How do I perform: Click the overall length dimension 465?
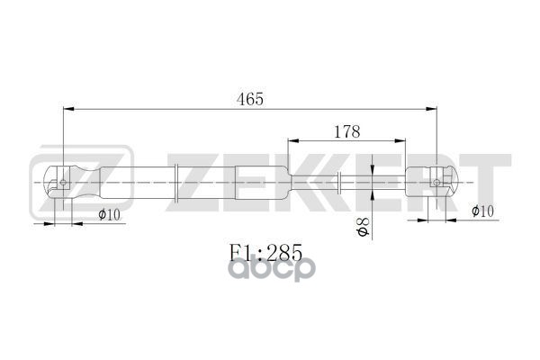(x=250, y=99)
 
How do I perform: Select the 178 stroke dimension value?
(x=346, y=131)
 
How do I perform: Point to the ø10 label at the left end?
(x=108, y=214)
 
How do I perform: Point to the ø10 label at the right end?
(x=483, y=211)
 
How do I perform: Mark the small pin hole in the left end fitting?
(x=63, y=184)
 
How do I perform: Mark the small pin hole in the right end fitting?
(x=436, y=183)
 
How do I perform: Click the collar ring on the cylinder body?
(x=176, y=183)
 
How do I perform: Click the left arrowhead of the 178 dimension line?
(x=292, y=142)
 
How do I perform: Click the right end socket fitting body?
(x=432, y=183)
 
